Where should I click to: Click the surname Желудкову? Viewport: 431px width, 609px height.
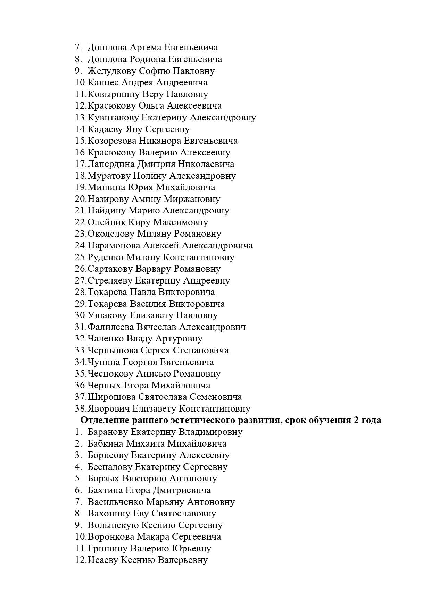111,71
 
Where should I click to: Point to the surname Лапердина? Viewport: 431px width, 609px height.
111,164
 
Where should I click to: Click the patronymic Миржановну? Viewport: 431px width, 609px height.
192,199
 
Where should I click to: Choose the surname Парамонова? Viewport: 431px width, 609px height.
114,246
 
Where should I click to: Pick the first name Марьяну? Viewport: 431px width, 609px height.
165,502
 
